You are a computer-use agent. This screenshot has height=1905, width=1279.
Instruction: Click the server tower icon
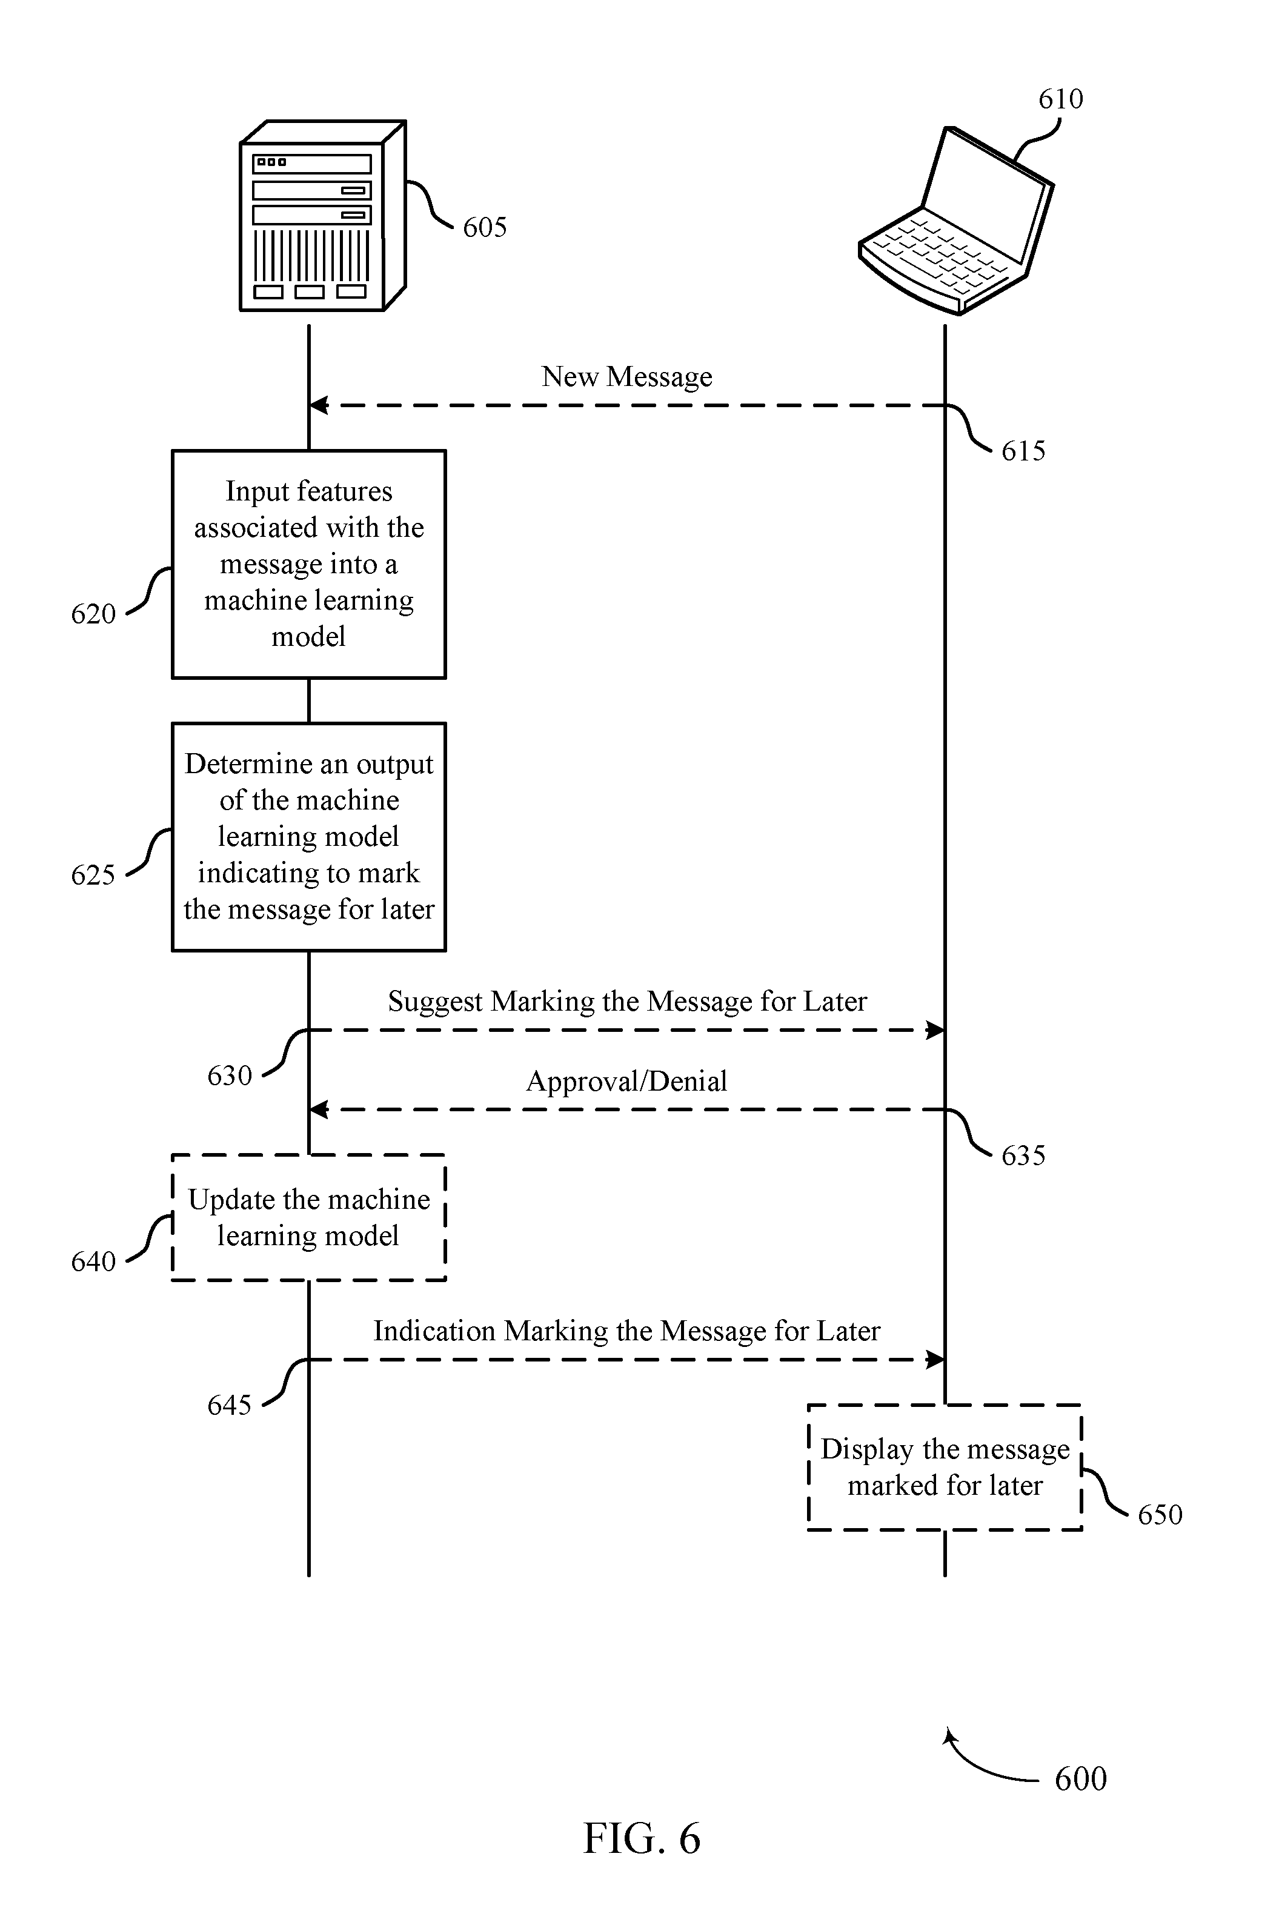323,216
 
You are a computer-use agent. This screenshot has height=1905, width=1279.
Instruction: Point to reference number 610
1060,99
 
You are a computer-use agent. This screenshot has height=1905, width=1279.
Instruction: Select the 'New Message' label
626,377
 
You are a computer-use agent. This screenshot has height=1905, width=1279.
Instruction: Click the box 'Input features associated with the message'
309,564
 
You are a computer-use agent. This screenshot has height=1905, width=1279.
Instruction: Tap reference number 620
93,614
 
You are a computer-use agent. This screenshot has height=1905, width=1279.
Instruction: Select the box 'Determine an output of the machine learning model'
309,837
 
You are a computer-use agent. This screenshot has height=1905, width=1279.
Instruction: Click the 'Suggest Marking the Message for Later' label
626,1002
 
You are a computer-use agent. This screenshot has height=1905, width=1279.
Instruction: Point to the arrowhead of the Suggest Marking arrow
935,1031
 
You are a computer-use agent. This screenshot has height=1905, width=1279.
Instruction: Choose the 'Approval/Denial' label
626,1082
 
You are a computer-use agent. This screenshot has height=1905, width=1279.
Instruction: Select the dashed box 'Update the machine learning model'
309,1217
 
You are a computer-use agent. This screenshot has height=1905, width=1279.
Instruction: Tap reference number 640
93,1262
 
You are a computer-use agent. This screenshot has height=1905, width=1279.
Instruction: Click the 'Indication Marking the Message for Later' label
626,1331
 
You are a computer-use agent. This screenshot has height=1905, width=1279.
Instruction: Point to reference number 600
1080,1778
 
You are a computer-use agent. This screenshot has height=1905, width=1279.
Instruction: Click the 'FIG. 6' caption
642,1839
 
